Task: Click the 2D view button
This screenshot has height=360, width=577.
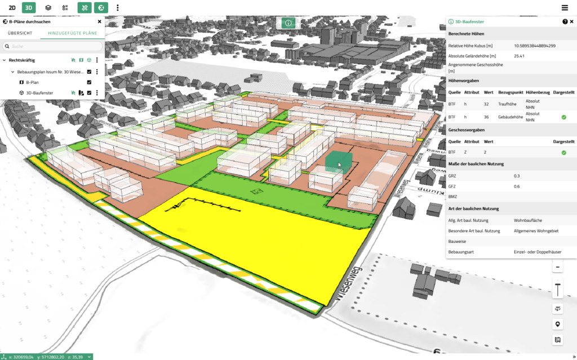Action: (x=12, y=8)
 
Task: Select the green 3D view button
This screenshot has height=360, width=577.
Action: (x=29, y=8)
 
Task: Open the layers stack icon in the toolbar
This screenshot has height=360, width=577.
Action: (x=48, y=8)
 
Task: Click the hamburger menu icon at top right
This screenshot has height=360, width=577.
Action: (x=565, y=8)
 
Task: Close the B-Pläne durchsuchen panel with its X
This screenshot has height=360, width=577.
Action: (x=100, y=22)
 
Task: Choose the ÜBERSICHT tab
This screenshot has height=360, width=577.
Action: (x=20, y=33)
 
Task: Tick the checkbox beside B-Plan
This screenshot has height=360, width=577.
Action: (x=89, y=82)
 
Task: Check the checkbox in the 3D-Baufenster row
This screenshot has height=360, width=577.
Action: (x=89, y=93)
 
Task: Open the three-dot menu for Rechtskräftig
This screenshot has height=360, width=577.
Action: (x=97, y=60)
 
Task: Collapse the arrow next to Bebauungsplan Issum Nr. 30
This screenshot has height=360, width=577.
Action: (x=13, y=72)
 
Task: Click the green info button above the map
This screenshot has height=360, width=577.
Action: (x=288, y=23)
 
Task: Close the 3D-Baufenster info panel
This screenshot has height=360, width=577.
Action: (x=572, y=21)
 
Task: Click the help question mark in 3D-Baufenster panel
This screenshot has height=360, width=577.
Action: (x=565, y=21)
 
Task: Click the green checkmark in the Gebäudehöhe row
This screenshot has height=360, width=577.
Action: (x=563, y=117)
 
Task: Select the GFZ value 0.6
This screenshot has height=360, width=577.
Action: (x=517, y=186)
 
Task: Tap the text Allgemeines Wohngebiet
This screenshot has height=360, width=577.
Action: (x=535, y=231)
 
